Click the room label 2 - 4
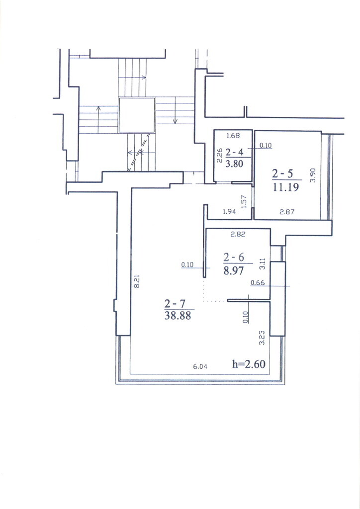234,152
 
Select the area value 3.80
234,163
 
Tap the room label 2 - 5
282,173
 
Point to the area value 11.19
285,187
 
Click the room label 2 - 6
234,257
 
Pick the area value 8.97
233,270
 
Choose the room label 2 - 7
175,304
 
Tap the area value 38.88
178,316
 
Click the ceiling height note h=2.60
249,364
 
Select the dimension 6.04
200,366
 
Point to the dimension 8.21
137,281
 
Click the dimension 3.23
262,338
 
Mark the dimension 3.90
312,175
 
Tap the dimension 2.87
287,212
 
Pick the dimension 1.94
229,212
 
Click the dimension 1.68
233,136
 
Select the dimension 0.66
258,283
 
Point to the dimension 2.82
238,234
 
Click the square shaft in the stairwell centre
137,115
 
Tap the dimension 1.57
245,201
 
